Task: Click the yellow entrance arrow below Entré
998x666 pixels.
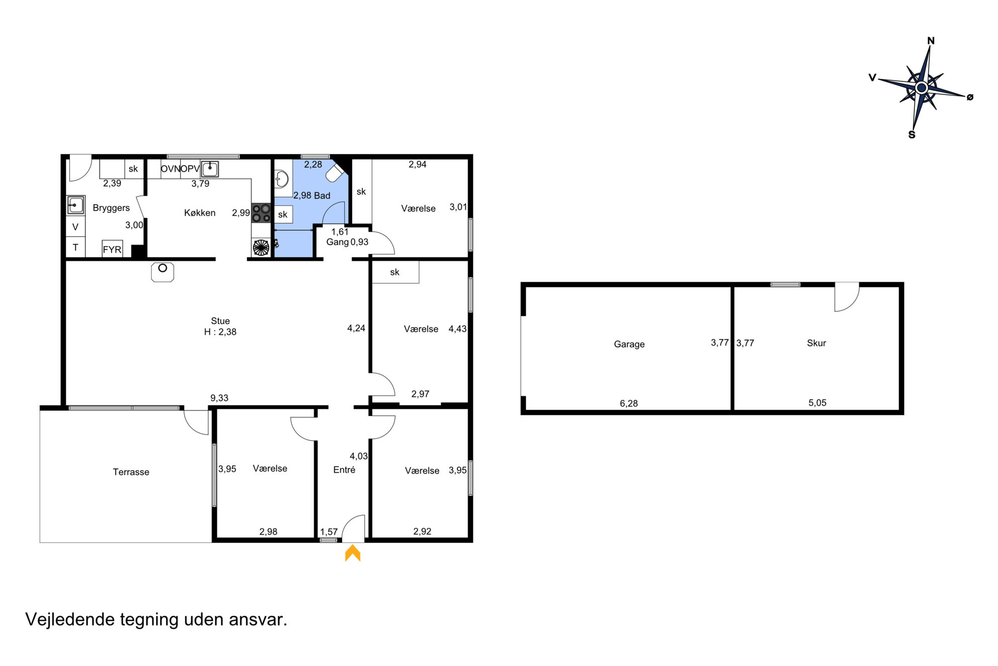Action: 353,553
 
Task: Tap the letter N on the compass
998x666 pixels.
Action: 931,41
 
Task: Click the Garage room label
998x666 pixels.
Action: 629,344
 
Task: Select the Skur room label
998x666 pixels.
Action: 816,343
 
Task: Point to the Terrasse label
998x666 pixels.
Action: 131,472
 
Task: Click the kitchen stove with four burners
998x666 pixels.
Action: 261,212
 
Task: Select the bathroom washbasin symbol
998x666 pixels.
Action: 281,179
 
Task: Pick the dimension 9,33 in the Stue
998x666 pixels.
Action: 219,398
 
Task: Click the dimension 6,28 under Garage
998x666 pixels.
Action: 629,403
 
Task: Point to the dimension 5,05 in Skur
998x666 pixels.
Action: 817,403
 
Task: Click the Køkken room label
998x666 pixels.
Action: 200,213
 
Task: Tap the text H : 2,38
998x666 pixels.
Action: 220,332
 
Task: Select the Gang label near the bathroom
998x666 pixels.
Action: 338,242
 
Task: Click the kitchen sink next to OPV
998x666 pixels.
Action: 210,169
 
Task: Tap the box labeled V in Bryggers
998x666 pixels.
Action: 75,227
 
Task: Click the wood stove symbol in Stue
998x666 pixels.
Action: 162,272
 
